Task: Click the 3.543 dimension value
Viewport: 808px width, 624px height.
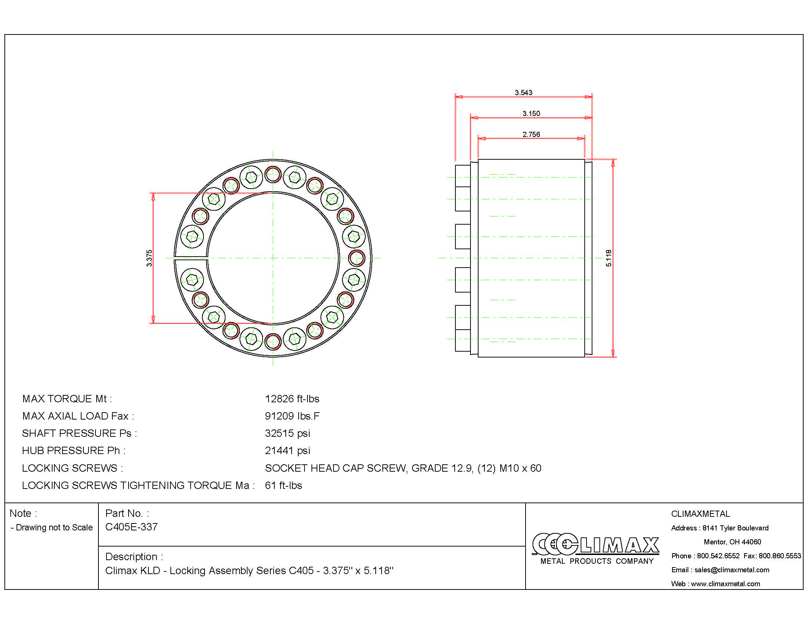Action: (523, 92)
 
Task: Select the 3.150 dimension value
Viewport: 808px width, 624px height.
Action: (531, 113)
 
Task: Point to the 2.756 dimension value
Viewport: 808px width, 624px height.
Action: (531, 134)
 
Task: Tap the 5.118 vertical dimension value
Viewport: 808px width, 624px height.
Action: (609, 258)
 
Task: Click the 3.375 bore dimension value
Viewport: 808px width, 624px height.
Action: (149, 258)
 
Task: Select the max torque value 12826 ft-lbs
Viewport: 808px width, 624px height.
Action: (292, 399)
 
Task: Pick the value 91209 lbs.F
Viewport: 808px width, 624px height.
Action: (292, 416)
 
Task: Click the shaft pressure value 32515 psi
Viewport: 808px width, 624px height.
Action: (288, 433)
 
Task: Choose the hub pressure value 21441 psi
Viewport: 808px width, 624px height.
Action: (288, 451)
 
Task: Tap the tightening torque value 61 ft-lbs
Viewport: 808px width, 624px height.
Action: (284, 485)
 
